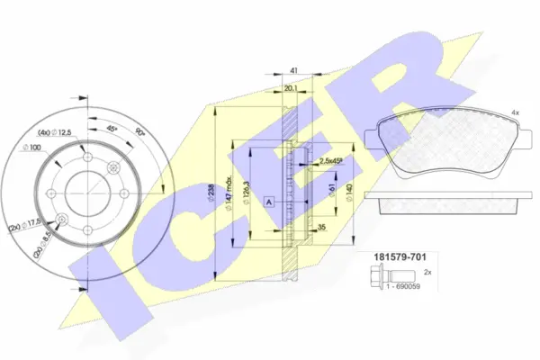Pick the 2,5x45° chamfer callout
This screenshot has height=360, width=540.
332,161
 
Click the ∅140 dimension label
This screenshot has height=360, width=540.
348,191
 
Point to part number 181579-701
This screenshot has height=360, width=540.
393,257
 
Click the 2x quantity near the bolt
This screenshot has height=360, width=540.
427,271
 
